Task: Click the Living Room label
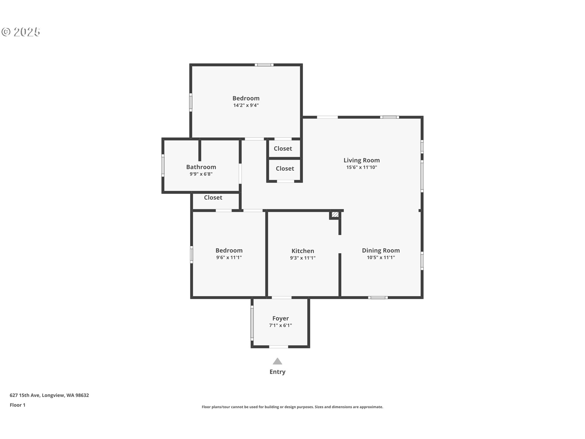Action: (362, 160)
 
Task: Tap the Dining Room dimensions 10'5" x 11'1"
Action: (381, 258)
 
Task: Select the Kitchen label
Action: (303, 251)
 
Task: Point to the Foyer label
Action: (280, 319)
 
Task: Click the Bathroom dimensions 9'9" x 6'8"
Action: (201, 174)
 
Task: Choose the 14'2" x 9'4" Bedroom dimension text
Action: (246, 105)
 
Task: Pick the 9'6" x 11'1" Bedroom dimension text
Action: (229, 258)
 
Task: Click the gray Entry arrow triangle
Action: (277, 361)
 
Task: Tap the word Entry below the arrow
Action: (277, 372)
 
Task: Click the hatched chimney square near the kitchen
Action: (335, 215)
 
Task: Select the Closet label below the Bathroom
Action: (213, 198)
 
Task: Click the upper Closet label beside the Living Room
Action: (283, 148)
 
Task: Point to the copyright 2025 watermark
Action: (21, 32)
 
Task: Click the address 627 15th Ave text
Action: (25, 395)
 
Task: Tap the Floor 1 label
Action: (17, 405)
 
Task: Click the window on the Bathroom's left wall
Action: (163, 165)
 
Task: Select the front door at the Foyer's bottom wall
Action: (278, 347)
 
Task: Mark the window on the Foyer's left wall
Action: (252, 323)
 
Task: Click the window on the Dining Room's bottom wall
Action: (378, 298)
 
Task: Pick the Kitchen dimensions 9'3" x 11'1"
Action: (303, 258)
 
